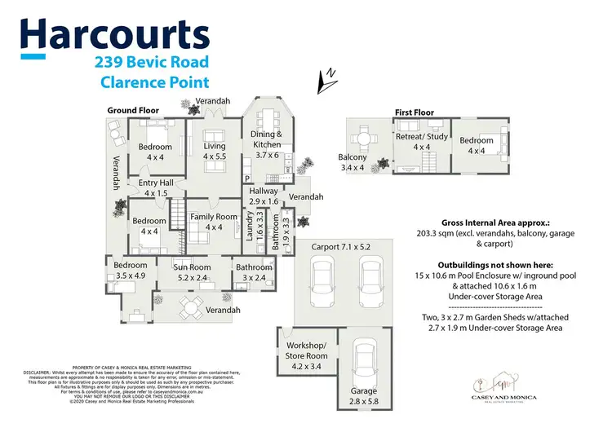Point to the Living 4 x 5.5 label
[214, 151]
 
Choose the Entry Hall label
[155, 188]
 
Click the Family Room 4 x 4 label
[213, 222]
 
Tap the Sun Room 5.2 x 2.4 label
[192, 272]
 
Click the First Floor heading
[415, 112]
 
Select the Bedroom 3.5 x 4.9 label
[131, 271]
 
